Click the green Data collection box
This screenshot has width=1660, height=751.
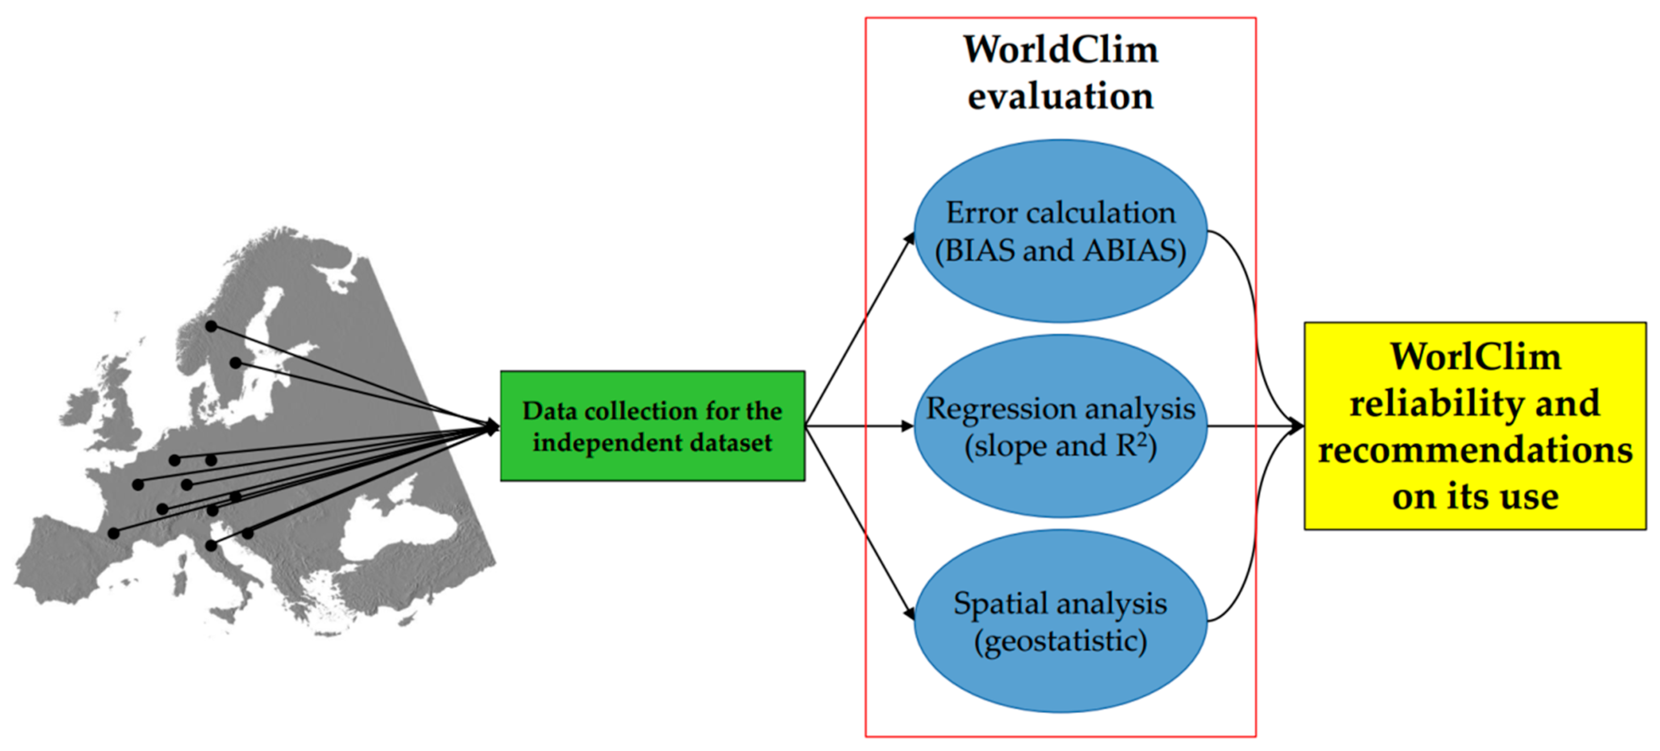coord(652,426)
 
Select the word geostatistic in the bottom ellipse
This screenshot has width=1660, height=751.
coord(1060,641)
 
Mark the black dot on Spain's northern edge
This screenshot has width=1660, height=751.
coord(113,533)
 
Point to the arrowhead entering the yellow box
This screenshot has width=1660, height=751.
coord(1297,426)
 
